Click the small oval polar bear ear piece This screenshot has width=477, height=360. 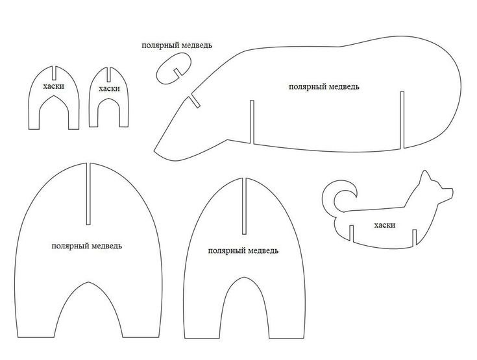coord(174,68)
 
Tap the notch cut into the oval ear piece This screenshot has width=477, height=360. coord(178,73)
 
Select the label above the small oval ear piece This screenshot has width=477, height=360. coord(177,45)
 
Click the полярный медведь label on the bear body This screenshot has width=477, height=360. coord(324,87)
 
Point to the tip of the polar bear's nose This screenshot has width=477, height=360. coord(154,150)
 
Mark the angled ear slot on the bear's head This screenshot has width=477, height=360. coord(195,102)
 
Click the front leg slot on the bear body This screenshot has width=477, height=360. coord(252,122)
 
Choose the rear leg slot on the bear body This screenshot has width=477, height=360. coord(402,121)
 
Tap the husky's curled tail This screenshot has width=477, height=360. coord(339,197)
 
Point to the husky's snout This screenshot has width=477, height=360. coord(447,194)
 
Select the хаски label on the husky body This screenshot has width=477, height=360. coord(385,225)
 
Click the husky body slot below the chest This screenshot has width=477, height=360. coord(414,237)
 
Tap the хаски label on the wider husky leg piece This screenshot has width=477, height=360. coord(54,86)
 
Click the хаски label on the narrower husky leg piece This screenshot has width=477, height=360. coord(110,89)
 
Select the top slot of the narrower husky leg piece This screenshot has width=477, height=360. coord(108,74)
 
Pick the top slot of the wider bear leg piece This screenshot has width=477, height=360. coord(88,194)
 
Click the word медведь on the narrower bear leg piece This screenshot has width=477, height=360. coord(263,251)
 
